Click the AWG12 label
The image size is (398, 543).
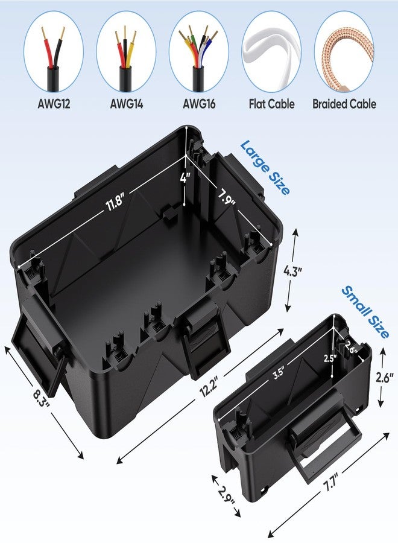point(54,104)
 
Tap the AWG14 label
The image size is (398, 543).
point(126,104)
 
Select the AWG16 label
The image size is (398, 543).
point(199,104)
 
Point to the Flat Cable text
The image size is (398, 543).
point(272,104)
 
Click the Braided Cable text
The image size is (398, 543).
point(344,104)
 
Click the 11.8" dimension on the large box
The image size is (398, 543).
point(115,203)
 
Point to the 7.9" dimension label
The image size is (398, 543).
point(226,196)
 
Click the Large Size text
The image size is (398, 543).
point(265,167)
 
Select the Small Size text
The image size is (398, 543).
point(365,312)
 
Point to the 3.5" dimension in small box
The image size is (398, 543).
point(278,373)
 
